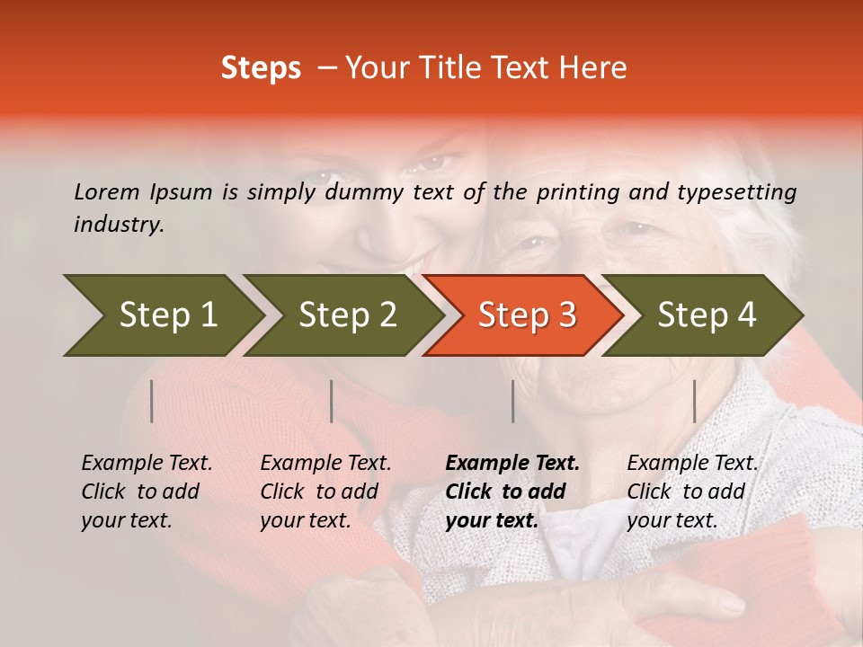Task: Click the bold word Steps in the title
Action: pyautogui.click(x=261, y=68)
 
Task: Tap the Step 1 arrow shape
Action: pyautogui.click(x=162, y=315)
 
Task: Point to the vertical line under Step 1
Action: pyautogui.click(x=151, y=401)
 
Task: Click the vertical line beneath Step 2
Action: pyautogui.click(x=332, y=401)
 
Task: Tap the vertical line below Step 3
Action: pyautogui.click(x=512, y=401)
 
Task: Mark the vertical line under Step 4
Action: pyautogui.click(x=694, y=401)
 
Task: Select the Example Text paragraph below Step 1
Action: pyautogui.click(x=147, y=492)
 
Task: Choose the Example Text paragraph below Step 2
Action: pyautogui.click(x=325, y=492)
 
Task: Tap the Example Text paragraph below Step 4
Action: pyautogui.click(x=692, y=492)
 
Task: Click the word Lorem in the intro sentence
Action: pyautogui.click(x=107, y=191)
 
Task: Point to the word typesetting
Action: pyautogui.click(x=736, y=191)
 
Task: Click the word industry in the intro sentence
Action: pyautogui.click(x=119, y=225)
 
